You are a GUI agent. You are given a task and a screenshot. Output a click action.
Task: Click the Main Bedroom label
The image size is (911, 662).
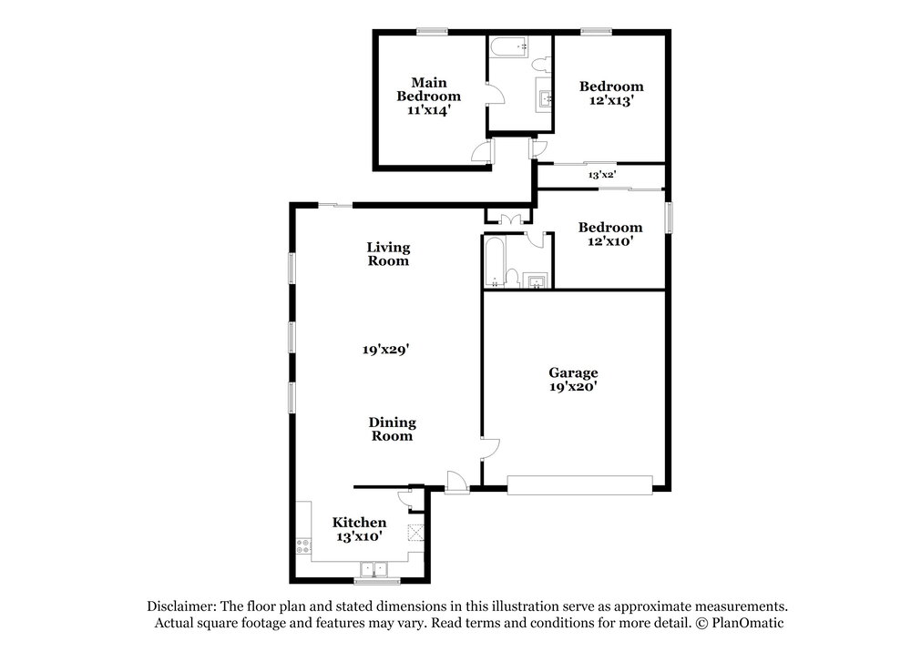pos(429,89)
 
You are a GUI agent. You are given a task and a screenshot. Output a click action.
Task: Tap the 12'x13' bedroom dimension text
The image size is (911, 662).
pos(611,100)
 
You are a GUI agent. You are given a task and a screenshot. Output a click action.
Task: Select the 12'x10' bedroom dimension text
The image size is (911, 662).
pos(610,241)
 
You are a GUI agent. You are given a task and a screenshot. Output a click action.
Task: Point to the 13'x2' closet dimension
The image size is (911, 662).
pos(602,174)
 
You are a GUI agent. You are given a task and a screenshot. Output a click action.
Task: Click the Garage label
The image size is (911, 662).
pos(573,372)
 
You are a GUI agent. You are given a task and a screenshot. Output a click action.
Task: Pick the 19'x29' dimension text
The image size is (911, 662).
pos(386,350)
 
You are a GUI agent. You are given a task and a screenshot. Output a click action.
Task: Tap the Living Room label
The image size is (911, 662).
pos(388,254)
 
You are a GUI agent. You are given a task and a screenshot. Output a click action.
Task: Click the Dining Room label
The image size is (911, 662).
pos(392,429)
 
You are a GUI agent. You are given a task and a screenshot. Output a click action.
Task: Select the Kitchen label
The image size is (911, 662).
pos(359,522)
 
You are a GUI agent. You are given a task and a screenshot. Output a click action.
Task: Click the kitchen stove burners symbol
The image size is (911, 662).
pos(303,545)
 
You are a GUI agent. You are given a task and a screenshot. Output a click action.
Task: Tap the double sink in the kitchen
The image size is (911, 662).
pos(374,568)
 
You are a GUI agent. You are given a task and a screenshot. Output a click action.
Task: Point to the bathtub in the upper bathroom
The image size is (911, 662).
pos(508,47)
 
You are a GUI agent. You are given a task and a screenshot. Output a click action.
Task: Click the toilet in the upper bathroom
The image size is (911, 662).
pos(541,64)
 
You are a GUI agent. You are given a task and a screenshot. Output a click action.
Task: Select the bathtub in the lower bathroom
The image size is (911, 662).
pos(495,261)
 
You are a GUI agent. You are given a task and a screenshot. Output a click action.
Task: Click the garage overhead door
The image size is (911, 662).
pos(579,485)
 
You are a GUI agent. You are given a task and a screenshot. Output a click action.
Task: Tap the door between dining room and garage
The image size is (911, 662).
pos(490,449)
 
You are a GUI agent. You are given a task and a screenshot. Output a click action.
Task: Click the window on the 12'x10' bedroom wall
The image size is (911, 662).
pos(669,218)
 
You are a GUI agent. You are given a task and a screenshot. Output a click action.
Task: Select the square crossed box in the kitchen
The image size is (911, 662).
pos(415,533)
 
